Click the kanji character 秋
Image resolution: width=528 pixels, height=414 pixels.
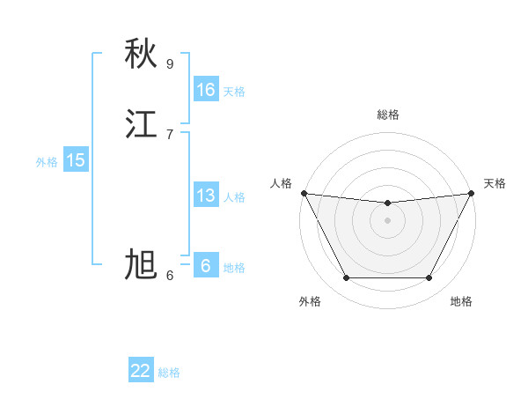click(x=141, y=54)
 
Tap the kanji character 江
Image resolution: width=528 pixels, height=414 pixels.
click(x=141, y=123)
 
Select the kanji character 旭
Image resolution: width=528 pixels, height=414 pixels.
click(x=141, y=264)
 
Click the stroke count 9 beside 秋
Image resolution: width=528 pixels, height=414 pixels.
click(x=170, y=63)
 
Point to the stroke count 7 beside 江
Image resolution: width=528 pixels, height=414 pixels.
click(x=170, y=134)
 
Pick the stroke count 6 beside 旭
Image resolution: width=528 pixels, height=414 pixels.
click(x=170, y=275)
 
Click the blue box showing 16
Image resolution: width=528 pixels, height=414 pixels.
click(x=206, y=90)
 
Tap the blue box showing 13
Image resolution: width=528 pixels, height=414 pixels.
click(x=206, y=196)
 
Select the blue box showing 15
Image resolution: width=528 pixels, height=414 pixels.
click(x=76, y=160)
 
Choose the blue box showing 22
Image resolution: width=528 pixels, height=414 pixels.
click(x=141, y=371)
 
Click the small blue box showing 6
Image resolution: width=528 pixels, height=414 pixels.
click(x=206, y=266)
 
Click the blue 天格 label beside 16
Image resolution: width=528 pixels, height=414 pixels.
click(x=234, y=92)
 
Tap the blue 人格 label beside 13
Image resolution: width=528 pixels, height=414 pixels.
click(x=234, y=197)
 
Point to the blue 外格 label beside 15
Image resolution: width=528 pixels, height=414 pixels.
click(x=47, y=162)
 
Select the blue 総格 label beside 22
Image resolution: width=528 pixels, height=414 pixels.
click(x=169, y=373)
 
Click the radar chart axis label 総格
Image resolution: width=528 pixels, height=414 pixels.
click(x=388, y=115)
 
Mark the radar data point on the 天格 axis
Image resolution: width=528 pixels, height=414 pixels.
click(x=472, y=194)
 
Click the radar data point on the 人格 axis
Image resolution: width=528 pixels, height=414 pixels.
click(x=304, y=193)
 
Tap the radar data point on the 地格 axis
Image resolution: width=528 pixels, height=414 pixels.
click(x=429, y=278)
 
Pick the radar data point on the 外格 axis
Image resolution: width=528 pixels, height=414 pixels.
click(x=346, y=278)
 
